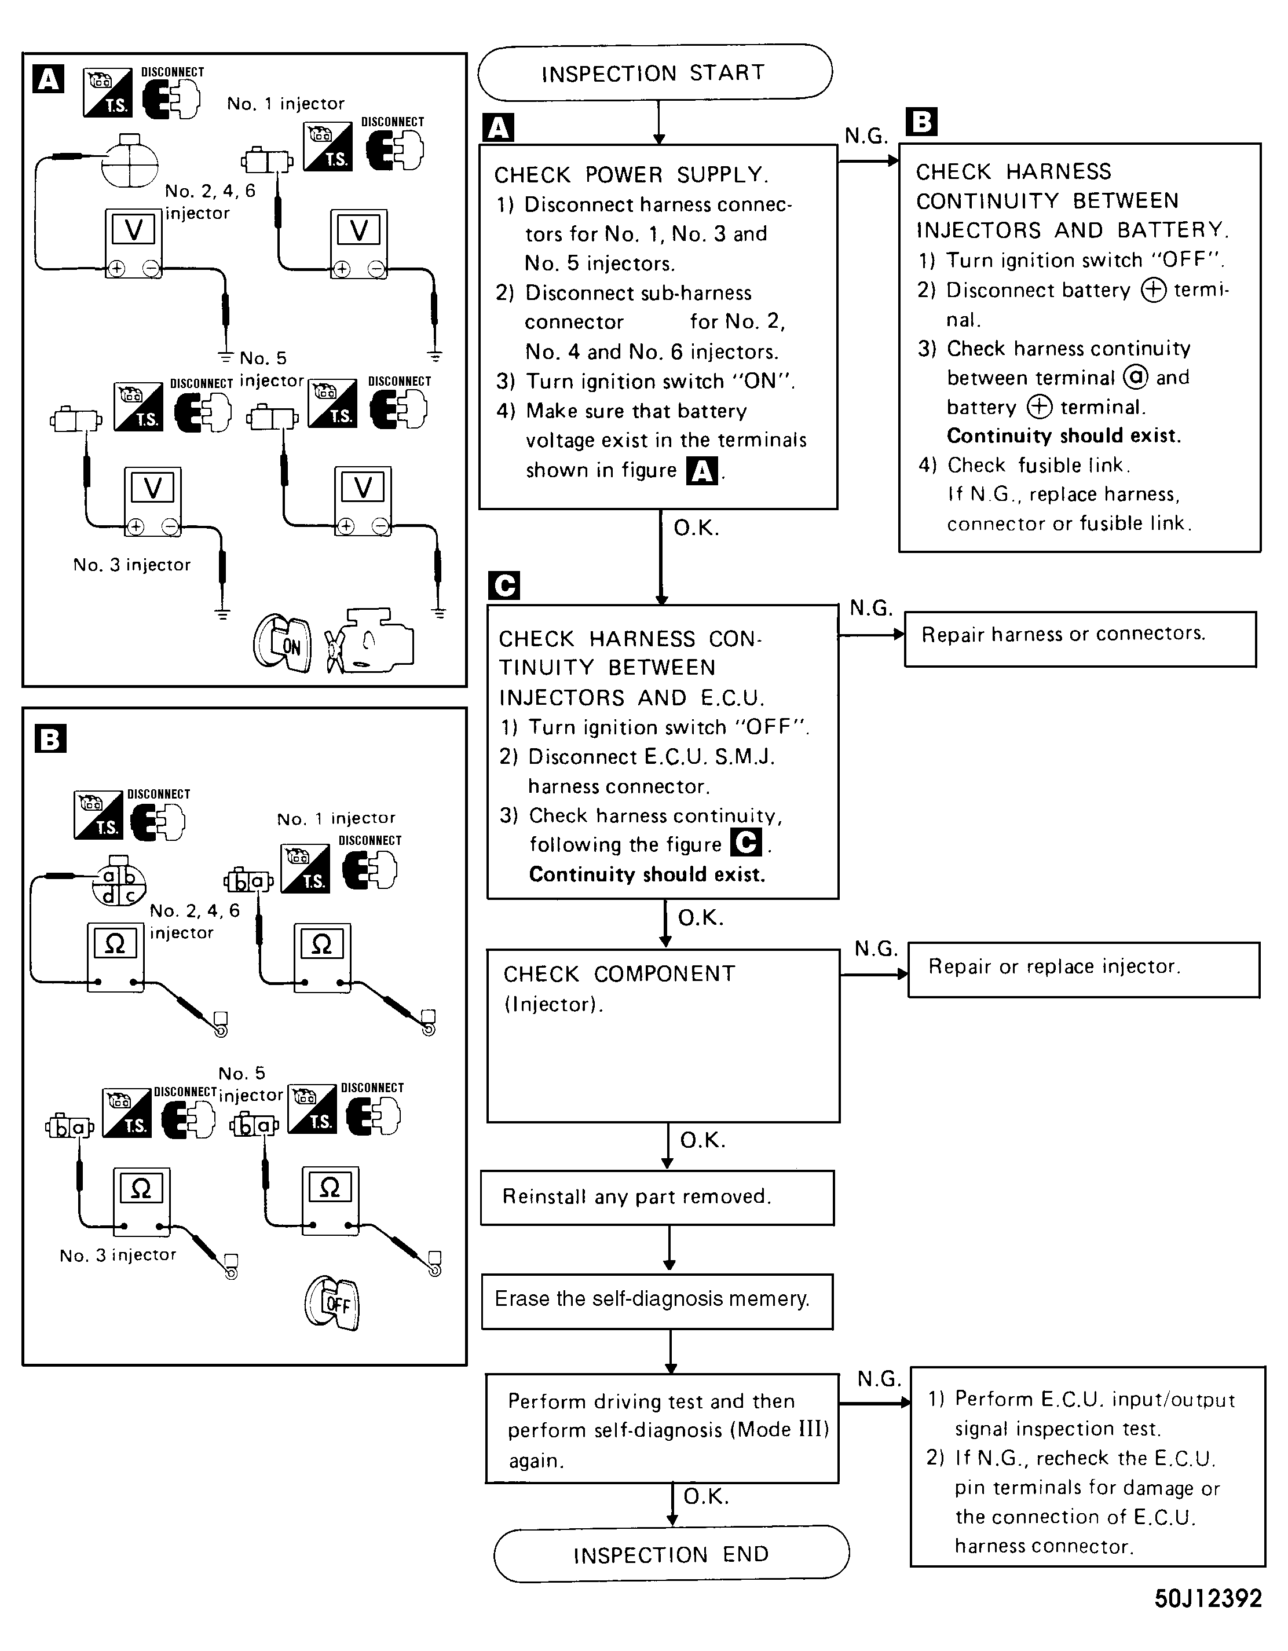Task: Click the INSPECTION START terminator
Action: click(x=654, y=72)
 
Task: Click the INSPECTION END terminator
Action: click(x=671, y=1554)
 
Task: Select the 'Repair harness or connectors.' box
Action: click(x=1080, y=638)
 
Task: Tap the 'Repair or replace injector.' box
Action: click(x=1083, y=969)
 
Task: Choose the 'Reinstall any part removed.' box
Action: click(x=657, y=1196)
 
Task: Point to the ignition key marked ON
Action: click(x=283, y=644)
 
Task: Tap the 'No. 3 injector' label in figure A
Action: click(x=131, y=565)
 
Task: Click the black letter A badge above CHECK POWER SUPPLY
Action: click(x=497, y=127)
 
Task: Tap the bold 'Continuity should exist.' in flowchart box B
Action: click(x=1063, y=435)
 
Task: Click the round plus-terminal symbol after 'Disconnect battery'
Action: click(x=1154, y=290)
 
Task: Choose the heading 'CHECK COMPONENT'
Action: click(x=619, y=973)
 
